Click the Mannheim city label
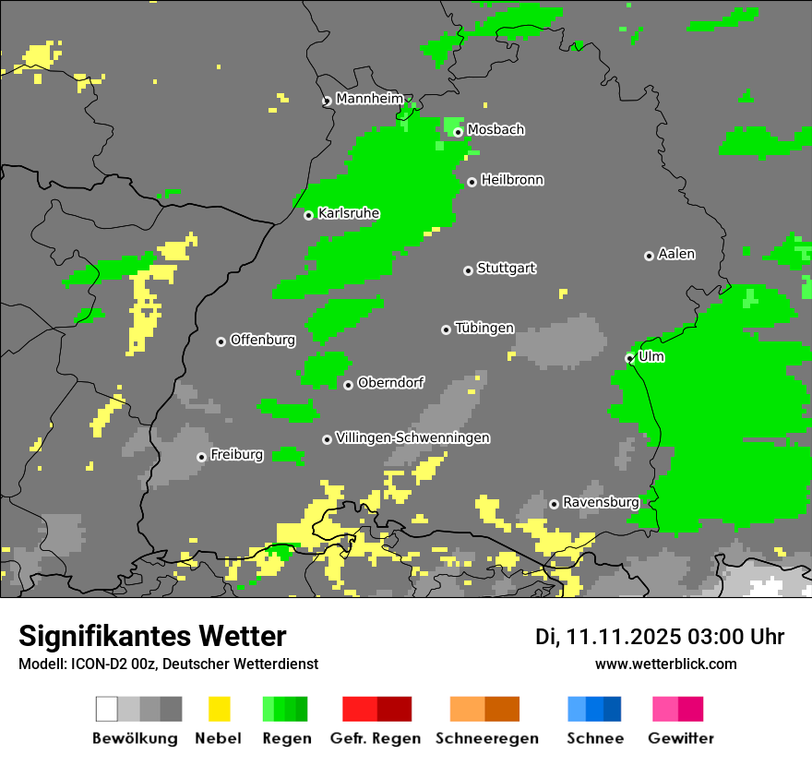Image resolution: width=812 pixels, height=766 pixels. (x=370, y=99)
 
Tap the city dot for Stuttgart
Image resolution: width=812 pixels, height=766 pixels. (x=468, y=270)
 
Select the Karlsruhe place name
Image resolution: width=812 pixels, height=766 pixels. (x=348, y=213)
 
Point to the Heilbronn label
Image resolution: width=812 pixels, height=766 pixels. (x=512, y=180)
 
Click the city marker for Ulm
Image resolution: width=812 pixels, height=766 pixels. (x=630, y=358)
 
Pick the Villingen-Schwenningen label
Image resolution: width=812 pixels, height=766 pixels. (x=412, y=437)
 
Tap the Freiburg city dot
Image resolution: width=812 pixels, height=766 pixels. (x=201, y=457)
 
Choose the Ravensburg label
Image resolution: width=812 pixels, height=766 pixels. (x=601, y=502)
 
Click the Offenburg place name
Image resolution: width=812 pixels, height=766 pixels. (x=263, y=340)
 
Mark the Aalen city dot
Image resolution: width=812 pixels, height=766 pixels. (x=649, y=256)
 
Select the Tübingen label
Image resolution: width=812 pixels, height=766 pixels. (x=484, y=328)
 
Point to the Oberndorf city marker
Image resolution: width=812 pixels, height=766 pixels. (x=348, y=385)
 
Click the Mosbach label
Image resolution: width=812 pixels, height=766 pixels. (x=496, y=130)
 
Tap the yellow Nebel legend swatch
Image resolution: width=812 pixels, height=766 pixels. (x=219, y=709)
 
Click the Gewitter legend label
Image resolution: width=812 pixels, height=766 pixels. (x=681, y=738)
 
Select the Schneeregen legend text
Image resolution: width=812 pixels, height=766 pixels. (x=487, y=738)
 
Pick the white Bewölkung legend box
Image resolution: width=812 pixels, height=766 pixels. (x=107, y=709)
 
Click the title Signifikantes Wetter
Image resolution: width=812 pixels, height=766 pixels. (x=152, y=636)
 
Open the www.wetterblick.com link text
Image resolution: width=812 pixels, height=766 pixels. (x=665, y=664)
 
